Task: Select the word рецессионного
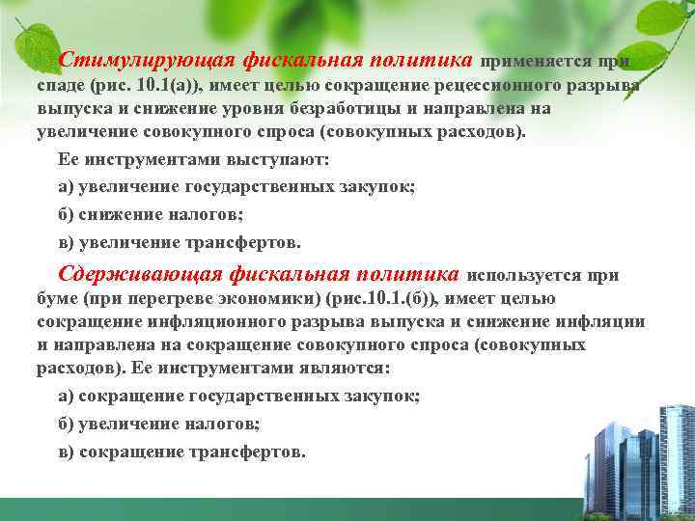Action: pyautogui.click(x=515, y=85)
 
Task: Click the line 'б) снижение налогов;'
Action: pyautogui.click(x=150, y=213)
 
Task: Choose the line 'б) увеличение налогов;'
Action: pyautogui.click(x=159, y=424)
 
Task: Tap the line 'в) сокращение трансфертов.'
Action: pyautogui.click(x=182, y=451)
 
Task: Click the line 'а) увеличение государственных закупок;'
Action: pyautogui.click(x=236, y=187)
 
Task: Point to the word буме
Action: pyautogui.click(x=57, y=299)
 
